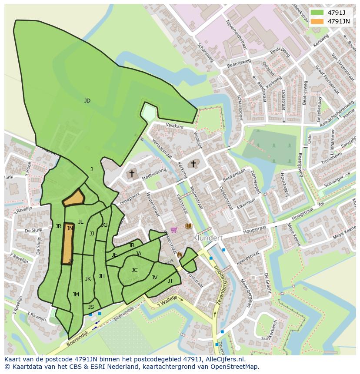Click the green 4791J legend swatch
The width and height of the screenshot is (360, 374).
317,13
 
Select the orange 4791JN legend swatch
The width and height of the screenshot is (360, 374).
317,21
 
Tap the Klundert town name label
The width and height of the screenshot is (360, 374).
208,238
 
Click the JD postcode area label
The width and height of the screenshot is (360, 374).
87,101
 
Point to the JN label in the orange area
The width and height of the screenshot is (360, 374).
70,228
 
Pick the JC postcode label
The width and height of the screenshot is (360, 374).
134,270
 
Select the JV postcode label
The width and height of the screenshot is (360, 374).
154,278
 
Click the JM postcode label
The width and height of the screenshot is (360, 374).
76,295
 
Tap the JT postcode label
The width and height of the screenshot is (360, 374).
170,281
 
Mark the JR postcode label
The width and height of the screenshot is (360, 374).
58,226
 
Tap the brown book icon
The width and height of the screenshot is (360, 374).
188,226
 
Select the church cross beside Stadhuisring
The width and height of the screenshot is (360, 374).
132,174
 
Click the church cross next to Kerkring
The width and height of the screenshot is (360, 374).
193,164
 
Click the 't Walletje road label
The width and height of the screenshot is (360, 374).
167,299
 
